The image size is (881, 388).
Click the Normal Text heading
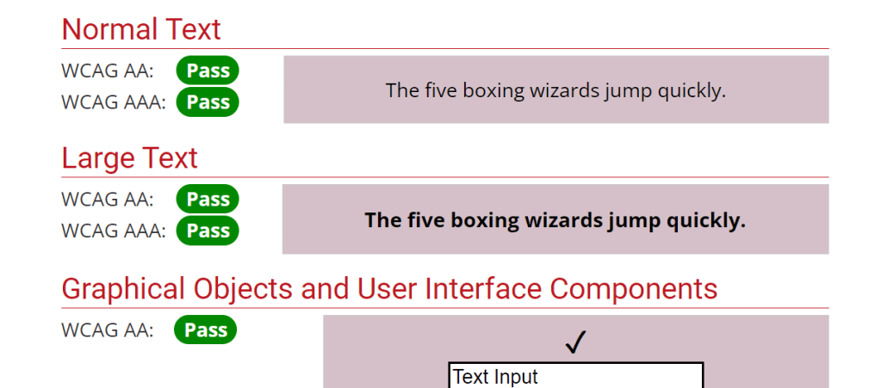coord(141,29)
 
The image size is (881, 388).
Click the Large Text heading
coord(129,157)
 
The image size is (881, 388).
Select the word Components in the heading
coord(633,289)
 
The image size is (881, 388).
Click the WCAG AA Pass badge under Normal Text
coord(208,71)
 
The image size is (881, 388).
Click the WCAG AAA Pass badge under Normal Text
coord(208,102)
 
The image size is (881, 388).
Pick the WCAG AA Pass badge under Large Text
coord(208,200)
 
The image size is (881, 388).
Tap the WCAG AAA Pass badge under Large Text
coord(208,231)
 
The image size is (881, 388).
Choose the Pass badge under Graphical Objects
coord(206,329)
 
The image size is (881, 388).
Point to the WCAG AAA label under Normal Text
coord(114,102)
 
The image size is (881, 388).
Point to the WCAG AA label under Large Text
coord(108,200)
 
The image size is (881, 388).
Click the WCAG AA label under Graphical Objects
coord(108,330)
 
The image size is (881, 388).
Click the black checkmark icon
coord(575,342)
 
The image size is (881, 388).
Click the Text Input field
coord(576,375)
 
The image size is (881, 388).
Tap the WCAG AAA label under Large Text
coord(114,231)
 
